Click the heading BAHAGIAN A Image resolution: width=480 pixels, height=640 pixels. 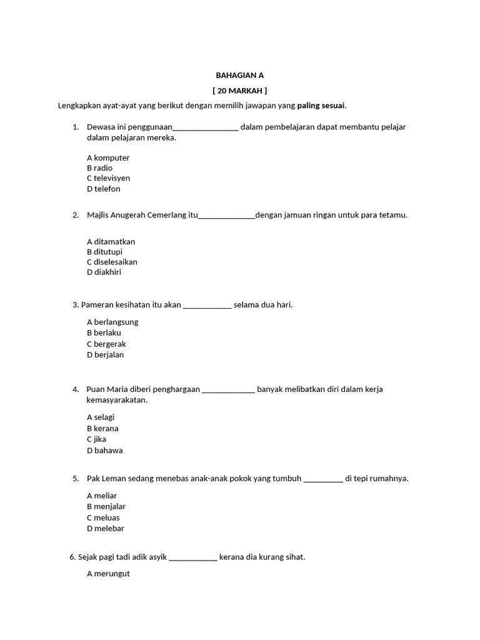click(239, 75)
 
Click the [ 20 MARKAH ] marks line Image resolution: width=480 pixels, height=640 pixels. click(239, 91)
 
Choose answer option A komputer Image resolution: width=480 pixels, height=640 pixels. click(108, 158)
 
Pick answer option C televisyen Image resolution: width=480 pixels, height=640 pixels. click(108, 178)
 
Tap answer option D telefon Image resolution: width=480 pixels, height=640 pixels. click(104, 189)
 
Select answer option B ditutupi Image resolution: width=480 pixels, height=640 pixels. click(104, 252)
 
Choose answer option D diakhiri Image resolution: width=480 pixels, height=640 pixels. click(104, 272)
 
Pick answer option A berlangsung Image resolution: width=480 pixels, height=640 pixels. click(112, 322)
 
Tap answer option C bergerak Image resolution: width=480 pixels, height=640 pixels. click(106, 344)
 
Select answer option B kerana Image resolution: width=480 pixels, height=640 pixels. click(102, 429)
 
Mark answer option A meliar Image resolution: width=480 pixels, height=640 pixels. click(102, 496)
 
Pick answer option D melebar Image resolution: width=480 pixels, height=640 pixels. click(106, 529)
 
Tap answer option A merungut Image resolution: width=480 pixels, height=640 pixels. click(108, 574)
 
